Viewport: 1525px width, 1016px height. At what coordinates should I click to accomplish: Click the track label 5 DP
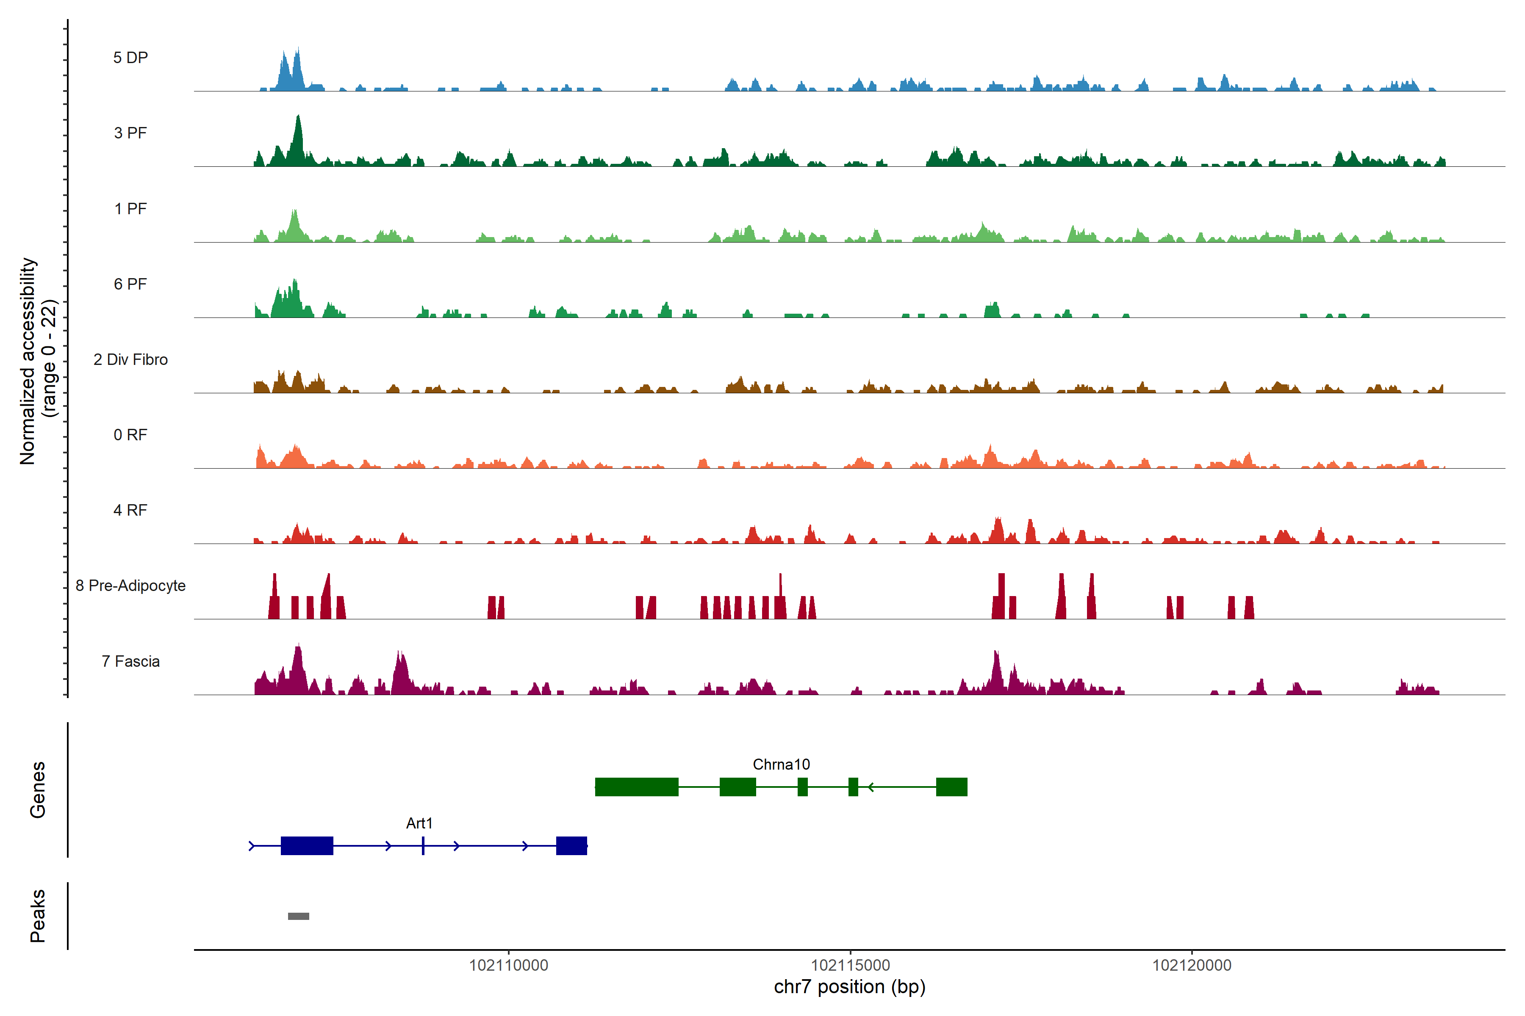click(130, 58)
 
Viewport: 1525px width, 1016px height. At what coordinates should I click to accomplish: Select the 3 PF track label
click(130, 133)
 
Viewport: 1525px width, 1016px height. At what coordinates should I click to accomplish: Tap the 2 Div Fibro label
click(130, 359)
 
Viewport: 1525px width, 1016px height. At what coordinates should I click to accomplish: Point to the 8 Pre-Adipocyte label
click(130, 586)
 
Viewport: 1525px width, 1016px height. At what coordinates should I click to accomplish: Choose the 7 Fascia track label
click(130, 662)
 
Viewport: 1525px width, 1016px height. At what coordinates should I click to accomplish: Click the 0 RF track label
click(130, 435)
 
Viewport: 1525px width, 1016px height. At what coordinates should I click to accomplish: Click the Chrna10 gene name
click(781, 765)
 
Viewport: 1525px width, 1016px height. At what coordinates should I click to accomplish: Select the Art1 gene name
click(419, 823)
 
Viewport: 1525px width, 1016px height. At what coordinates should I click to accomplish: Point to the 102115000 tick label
click(850, 966)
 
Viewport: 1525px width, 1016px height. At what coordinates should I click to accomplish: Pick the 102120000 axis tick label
click(1191, 966)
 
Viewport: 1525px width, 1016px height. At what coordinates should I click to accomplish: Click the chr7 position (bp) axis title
click(849, 987)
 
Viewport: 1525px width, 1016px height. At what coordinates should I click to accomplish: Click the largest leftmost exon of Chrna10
click(636, 787)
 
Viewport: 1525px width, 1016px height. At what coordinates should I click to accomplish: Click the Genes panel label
click(38, 790)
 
